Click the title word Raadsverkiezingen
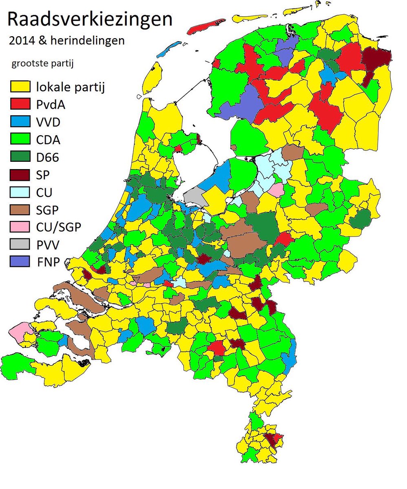tap(90, 20)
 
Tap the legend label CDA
tap(48, 140)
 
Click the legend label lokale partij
tap(70, 87)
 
